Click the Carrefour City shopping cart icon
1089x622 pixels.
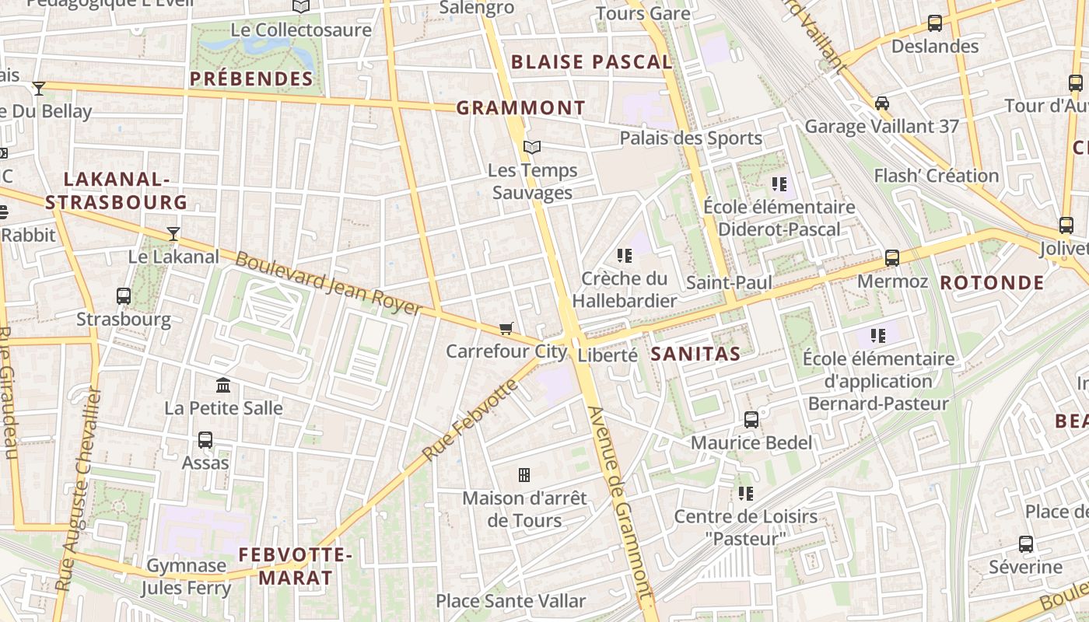[x=506, y=329]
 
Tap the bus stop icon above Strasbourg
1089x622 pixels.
[x=124, y=296]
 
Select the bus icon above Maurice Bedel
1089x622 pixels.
[x=751, y=420]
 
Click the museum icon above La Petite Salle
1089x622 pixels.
[x=223, y=385]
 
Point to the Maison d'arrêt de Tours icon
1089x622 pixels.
[x=524, y=474]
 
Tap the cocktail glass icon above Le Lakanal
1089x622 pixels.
[x=173, y=233]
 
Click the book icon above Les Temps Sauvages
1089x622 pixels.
[x=532, y=147]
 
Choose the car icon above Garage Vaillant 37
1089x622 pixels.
[x=882, y=103]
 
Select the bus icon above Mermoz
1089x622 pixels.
[x=892, y=258]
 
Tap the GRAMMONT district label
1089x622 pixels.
[x=520, y=108]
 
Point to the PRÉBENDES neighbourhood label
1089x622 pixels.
[x=251, y=79]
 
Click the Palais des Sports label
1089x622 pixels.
[x=691, y=138]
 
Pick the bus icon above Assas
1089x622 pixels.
[x=205, y=440]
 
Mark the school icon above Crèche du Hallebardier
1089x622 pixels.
[x=624, y=255]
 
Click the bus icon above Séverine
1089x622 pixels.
[x=1026, y=544]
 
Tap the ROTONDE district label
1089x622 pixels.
[x=992, y=282]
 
